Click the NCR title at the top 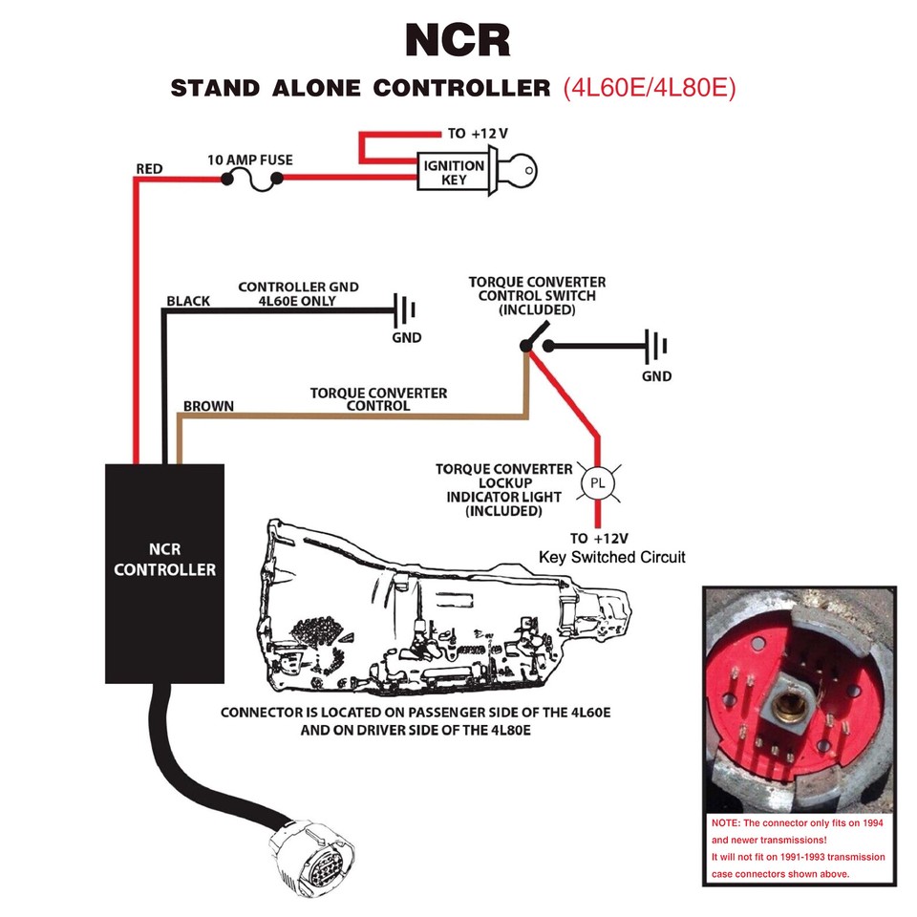tap(458, 41)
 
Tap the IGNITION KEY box tap(454, 173)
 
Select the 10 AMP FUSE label tap(250, 160)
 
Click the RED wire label tap(149, 169)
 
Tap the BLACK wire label tap(187, 301)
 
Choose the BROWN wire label tap(208, 406)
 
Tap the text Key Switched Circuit tap(611, 557)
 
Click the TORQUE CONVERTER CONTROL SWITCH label tap(536, 296)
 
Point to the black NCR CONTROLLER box tap(164, 573)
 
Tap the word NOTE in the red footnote tap(726, 823)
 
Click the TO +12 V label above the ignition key tap(478, 134)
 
